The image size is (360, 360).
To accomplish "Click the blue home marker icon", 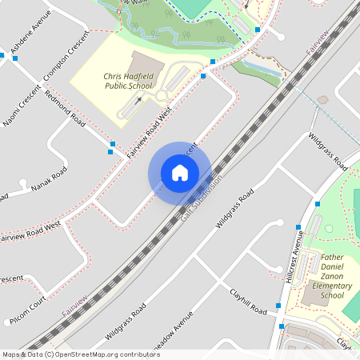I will point(179,172).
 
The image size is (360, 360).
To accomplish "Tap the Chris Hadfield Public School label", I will point(128,81).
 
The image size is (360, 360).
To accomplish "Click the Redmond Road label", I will point(66,109).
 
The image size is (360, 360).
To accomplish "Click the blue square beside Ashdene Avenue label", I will point(14,57).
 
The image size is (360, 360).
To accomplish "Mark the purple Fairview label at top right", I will point(318,43).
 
